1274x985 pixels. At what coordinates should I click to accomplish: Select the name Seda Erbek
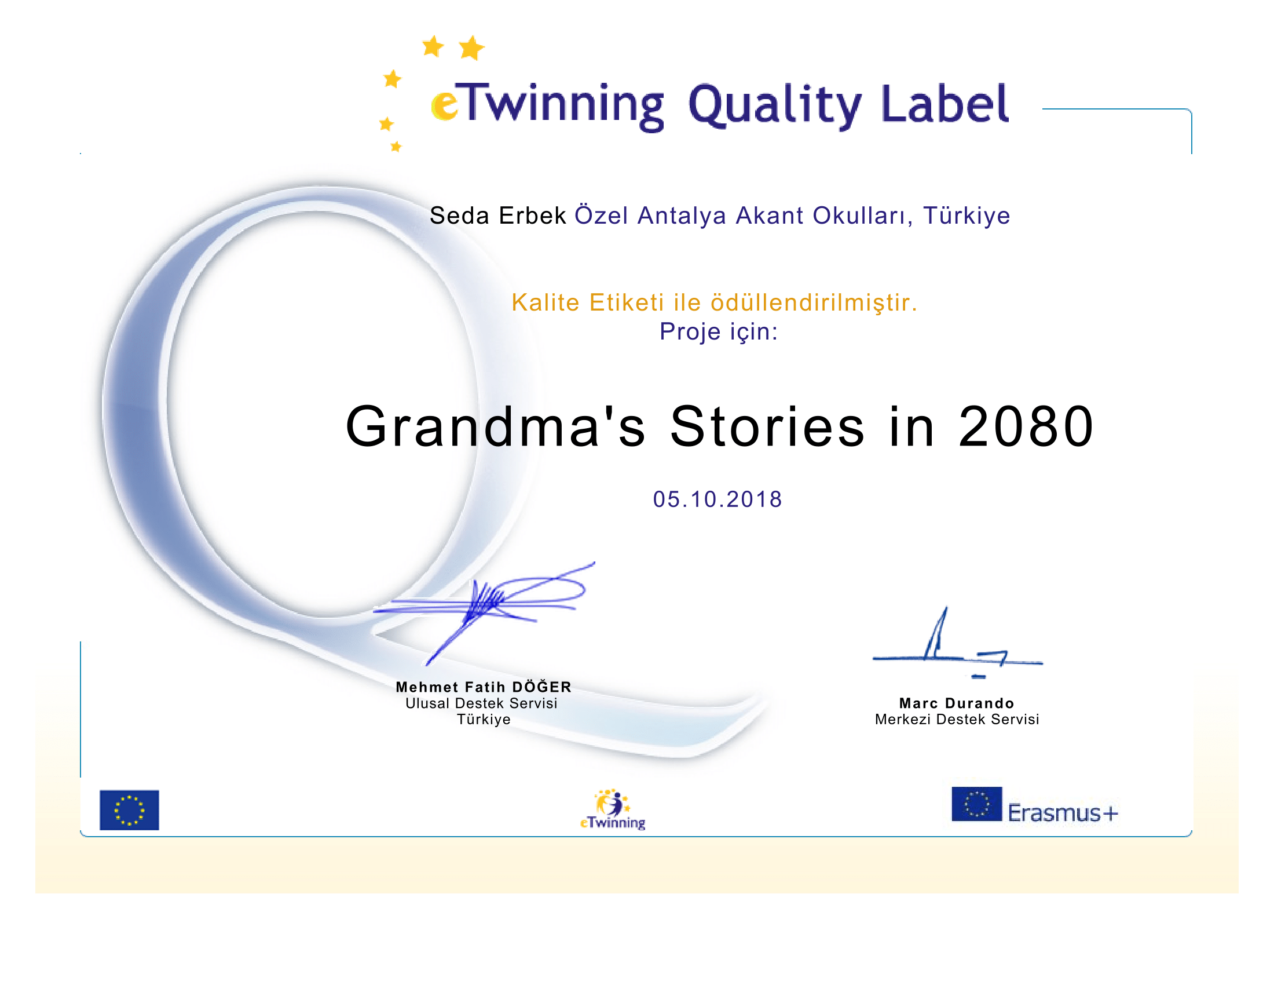coord(497,216)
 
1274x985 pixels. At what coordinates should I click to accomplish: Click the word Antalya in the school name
coord(682,216)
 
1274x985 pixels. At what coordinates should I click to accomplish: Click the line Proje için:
coord(719,331)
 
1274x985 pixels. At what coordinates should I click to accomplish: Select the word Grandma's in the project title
coord(496,426)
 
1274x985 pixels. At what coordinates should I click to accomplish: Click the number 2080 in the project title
coord(1026,426)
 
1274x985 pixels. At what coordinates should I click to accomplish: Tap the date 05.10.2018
coord(717,499)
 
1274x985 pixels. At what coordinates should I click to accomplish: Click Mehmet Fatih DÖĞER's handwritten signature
coord(484,612)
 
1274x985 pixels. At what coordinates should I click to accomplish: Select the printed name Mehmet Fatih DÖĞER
coord(484,687)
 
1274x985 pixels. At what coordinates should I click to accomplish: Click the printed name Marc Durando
coord(957,703)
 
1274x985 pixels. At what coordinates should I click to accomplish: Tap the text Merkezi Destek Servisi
coord(957,720)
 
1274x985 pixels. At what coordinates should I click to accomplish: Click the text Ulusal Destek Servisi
coord(481,703)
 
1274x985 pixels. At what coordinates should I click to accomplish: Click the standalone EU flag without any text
coord(130,810)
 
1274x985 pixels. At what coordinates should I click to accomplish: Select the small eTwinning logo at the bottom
coord(613,809)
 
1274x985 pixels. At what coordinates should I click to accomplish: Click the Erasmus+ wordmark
coord(1063,813)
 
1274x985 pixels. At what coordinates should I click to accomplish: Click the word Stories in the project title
coord(767,426)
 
